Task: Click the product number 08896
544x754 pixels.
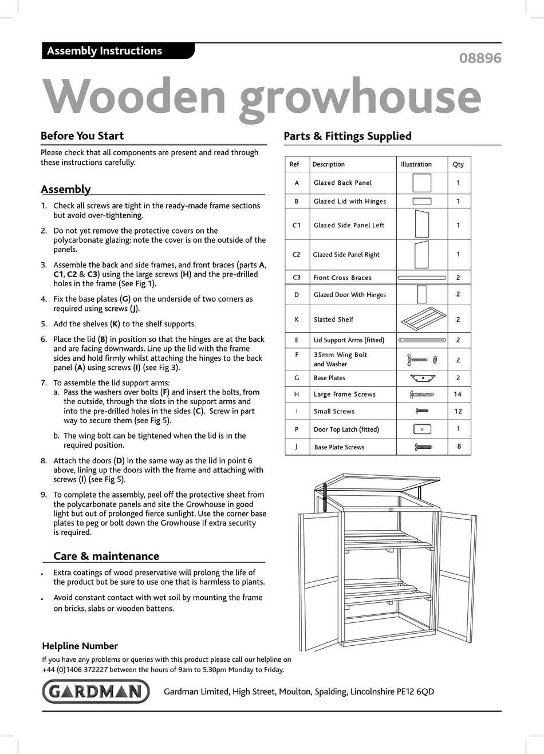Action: click(480, 58)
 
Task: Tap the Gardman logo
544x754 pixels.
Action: click(96, 691)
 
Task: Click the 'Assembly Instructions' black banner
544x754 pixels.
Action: click(117, 51)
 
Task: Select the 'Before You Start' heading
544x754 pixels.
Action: click(82, 136)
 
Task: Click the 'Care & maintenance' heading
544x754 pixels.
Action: click(106, 556)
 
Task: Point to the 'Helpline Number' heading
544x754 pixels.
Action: click(80, 646)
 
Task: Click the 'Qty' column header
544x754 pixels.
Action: click(458, 164)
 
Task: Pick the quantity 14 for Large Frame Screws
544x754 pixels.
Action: click(458, 394)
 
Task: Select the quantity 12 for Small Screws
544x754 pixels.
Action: click(458, 411)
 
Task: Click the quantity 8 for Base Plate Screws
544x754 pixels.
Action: click(459, 447)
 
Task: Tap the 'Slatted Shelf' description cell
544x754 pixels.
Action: click(333, 319)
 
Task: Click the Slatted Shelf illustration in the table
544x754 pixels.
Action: click(423, 318)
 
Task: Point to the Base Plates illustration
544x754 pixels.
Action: click(423, 378)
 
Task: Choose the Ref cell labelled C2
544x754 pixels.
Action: click(297, 255)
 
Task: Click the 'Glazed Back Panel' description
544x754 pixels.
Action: click(342, 183)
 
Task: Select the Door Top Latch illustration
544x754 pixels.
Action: click(422, 429)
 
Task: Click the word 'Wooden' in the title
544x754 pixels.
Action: click(135, 97)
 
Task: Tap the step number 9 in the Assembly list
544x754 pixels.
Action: click(44, 495)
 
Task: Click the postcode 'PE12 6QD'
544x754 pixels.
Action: click(415, 692)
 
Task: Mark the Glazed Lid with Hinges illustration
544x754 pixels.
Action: click(422, 201)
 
